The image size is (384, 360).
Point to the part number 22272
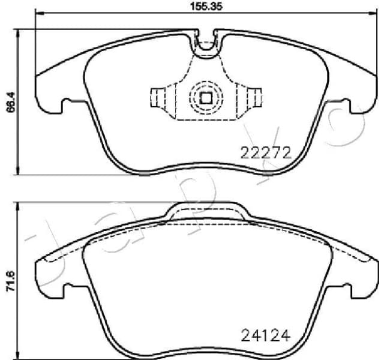point(265,152)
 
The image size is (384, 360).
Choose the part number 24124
point(265,333)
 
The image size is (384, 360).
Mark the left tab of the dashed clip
point(158,97)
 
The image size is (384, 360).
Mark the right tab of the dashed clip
point(254,97)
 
